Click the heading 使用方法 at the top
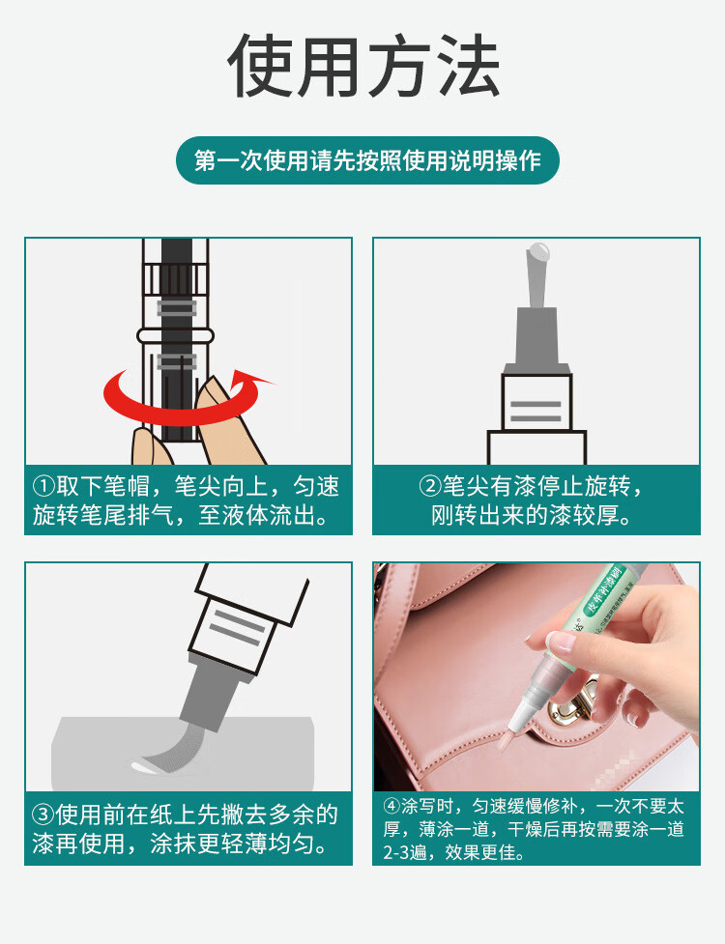pyautogui.click(x=363, y=65)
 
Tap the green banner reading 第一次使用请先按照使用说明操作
pyautogui.click(x=367, y=160)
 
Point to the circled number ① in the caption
pyautogui.click(x=43, y=486)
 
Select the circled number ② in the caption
pyautogui.click(x=430, y=486)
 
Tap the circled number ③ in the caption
pyautogui.click(x=43, y=815)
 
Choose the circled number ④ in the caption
pyautogui.click(x=392, y=806)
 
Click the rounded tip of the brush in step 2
pyautogui.click(x=537, y=250)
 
